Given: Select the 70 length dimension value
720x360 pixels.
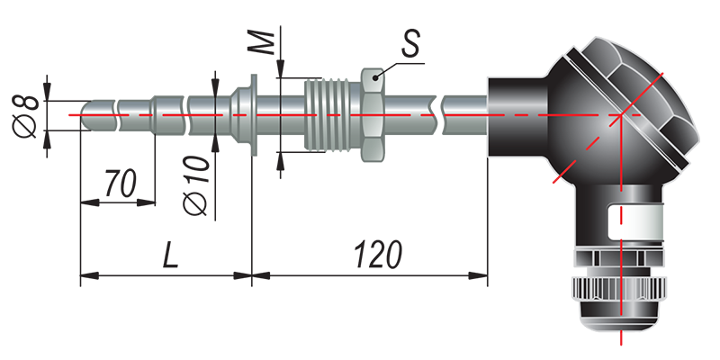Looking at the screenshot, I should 120,183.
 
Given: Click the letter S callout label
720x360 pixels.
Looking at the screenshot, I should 413,44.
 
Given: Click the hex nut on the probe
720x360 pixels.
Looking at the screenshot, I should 373,114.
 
